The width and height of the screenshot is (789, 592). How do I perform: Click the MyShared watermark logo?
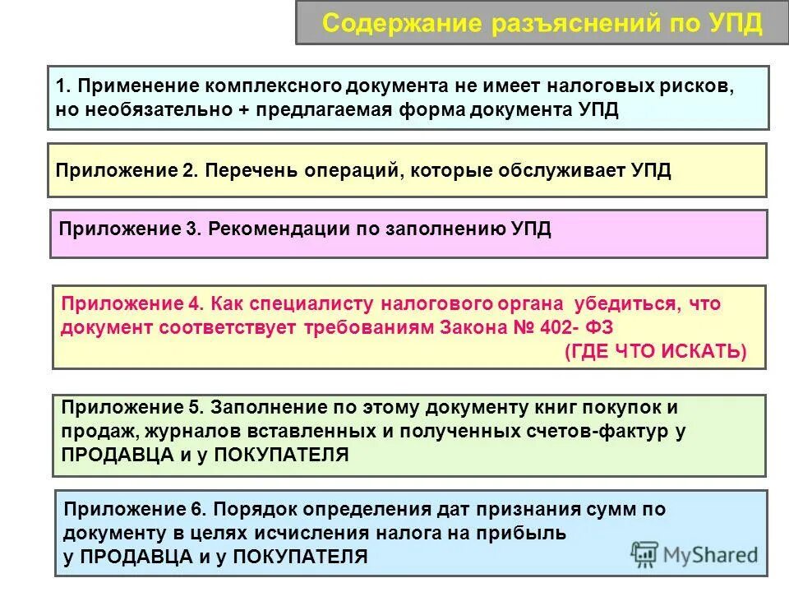coord(694,553)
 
